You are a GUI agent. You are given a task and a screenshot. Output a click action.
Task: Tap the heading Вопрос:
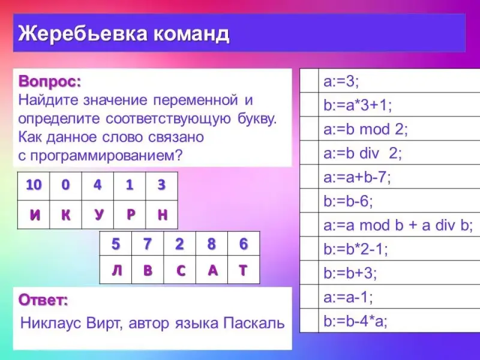(x=50, y=82)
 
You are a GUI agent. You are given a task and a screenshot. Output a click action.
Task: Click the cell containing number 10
(x=34, y=186)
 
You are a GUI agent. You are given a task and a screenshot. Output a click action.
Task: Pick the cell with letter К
(x=66, y=215)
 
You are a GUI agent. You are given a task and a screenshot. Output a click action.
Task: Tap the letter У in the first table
(x=98, y=215)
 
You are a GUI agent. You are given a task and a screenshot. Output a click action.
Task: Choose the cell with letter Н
(x=162, y=215)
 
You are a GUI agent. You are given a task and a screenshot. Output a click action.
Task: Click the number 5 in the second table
(x=115, y=244)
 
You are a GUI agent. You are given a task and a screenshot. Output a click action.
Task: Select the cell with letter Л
(x=116, y=269)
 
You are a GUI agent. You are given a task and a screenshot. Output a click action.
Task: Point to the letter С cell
(x=179, y=269)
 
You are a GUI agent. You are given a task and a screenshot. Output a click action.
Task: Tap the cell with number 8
(x=212, y=244)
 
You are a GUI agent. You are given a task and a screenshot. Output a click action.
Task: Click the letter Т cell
(x=244, y=269)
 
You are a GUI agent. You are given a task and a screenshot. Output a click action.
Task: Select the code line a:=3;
(x=341, y=82)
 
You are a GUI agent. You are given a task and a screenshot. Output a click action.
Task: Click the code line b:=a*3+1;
(x=358, y=106)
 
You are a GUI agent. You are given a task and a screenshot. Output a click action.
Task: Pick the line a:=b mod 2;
(x=365, y=130)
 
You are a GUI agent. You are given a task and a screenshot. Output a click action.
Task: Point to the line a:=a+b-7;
(x=357, y=178)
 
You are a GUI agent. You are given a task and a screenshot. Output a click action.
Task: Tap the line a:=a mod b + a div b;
(x=398, y=226)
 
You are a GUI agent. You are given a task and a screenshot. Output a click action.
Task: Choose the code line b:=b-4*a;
(x=355, y=322)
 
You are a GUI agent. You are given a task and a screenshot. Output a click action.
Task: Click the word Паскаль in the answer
(x=254, y=323)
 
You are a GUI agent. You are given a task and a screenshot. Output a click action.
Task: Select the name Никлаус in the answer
(x=51, y=323)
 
